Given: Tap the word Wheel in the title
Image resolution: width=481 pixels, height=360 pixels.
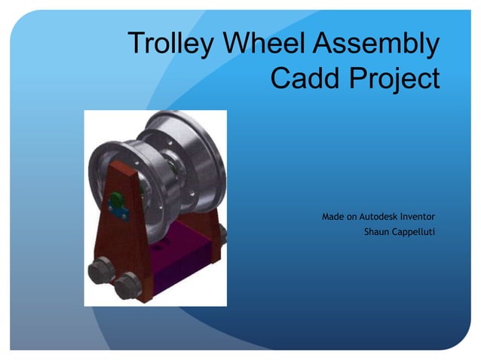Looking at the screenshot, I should pyautogui.click(x=259, y=44).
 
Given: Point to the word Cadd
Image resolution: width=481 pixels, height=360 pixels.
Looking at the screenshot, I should pyautogui.click(x=302, y=77).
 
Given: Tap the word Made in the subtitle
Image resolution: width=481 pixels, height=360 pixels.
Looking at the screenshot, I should pyautogui.click(x=334, y=217).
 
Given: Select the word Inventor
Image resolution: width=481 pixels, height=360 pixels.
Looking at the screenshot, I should pyautogui.click(x=422, y=217).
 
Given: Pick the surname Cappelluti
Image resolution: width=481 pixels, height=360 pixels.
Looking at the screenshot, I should pyautogui.click(x=414, y=231).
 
